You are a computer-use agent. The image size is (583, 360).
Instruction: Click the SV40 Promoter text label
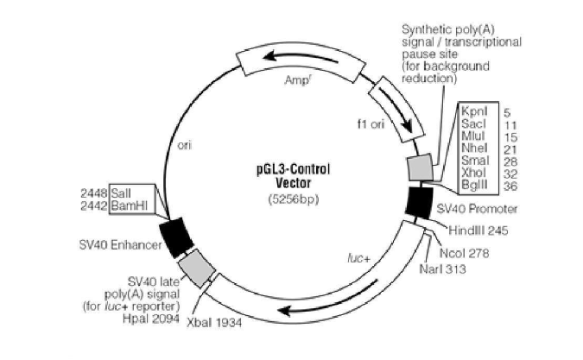coord(477,210)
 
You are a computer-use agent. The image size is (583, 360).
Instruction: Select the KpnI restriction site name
coord(473,111)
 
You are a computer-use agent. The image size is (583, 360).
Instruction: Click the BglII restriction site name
coord(473,184)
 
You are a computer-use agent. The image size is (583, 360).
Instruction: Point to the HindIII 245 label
coord(477,231)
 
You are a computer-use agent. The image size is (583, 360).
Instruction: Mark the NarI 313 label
coord(444,269)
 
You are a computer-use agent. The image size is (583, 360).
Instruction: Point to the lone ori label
coord(184,145)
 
